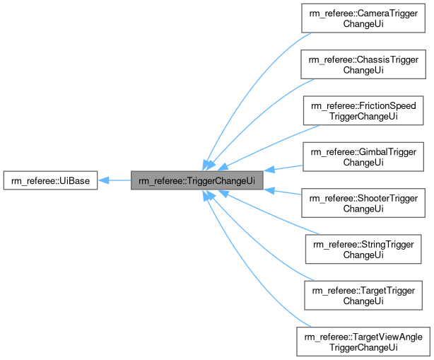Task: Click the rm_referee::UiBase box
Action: click(50, 180)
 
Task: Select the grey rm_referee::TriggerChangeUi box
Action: click(197, 180)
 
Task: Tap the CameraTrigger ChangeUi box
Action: click(363, 18)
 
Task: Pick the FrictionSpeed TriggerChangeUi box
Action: click(363, 110)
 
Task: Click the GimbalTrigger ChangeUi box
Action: click(363, 156)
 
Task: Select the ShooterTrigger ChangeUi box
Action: click(363, 203)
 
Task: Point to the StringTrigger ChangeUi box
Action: click(363, 249)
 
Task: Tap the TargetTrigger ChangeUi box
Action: click(363, 295)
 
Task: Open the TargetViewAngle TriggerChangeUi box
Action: click(363, 341)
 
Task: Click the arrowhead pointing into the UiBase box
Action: click(103, 180)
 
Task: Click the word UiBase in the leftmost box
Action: click(73, 180)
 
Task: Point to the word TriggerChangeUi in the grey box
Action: click(221, 180)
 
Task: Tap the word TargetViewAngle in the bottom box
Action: click(382, 336)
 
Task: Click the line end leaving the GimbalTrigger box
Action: click(302, 166)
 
